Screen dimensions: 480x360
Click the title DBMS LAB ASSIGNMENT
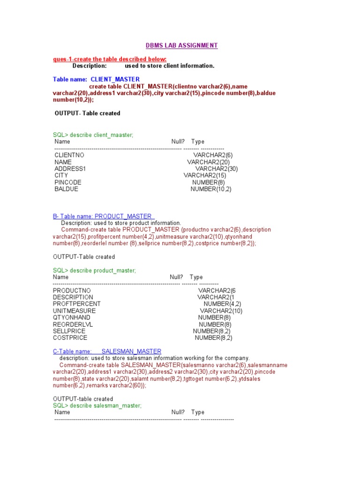click(181, 45)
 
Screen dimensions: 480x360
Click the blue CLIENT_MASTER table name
click(115, 79)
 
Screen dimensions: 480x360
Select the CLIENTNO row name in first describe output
click(69, 155)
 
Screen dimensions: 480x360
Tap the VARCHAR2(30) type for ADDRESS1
click(217, 169)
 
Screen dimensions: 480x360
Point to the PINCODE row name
click(68, 182)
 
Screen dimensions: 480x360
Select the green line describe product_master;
click(95, 270)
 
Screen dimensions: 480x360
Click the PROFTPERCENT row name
click(77, 304)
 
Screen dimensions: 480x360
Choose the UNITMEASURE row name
click(75, 311)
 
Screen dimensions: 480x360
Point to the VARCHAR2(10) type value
click(221, 311)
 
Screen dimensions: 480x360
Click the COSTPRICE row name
click(70, 337)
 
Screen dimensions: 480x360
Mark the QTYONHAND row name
click(72, 317)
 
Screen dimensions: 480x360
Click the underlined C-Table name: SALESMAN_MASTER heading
click(107, 351)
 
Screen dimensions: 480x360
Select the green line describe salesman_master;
click(97, 405)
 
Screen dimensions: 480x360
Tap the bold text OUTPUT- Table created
click(88, 113)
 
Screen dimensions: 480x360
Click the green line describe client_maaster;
click(93, 135)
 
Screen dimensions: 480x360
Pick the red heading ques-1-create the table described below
click(110, 59)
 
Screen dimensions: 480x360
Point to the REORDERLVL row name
click(73, 324)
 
